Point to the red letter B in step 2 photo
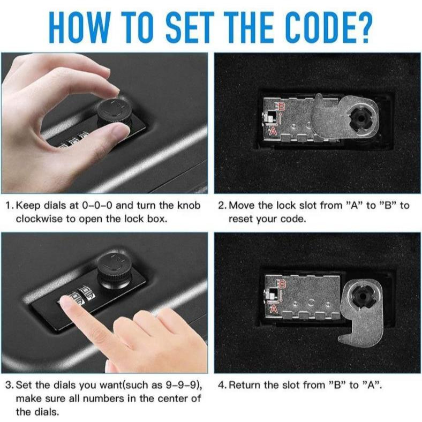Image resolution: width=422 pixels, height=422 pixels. [x=281, y=107]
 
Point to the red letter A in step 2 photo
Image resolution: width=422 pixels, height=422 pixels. [x=273, y=131]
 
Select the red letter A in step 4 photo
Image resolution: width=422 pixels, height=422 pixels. [x=274, y=308]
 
